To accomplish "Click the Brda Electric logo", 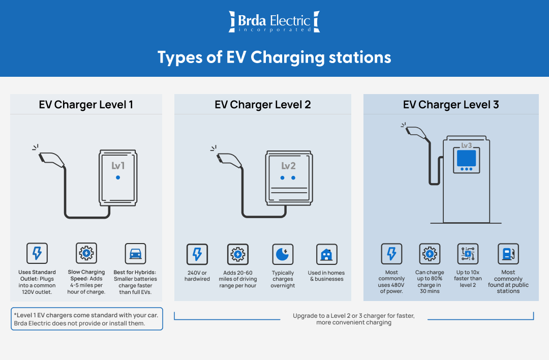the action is [274, 22].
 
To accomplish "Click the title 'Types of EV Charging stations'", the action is [274, 57].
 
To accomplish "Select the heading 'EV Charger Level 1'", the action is [86, 105].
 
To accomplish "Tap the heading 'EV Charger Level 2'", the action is [262, 105].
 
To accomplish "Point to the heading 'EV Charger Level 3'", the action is [451, 105].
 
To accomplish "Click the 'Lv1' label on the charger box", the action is [118, 166].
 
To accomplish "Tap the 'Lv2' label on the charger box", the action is [288, 166].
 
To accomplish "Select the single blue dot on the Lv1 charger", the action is [118, 177].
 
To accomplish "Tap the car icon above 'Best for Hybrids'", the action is [135, 254].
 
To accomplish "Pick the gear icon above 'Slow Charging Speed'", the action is [86, 253].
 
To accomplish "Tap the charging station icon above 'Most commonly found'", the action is [508, 254].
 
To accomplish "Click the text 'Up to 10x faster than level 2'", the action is [468, 279].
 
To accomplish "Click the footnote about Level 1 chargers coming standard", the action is [86, 319].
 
